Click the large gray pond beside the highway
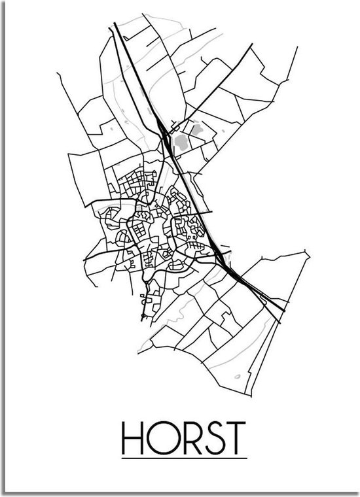tap(182, 141)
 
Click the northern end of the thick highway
tap(115, 24)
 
